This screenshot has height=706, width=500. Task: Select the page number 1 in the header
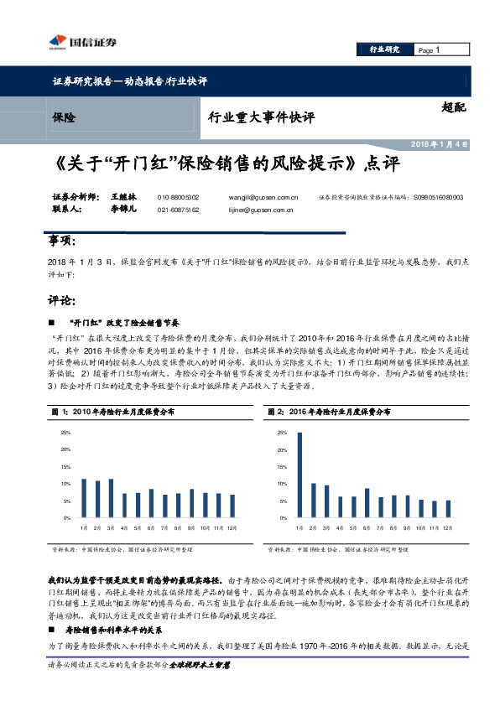[438, 50]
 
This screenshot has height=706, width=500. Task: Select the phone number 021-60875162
[178, 209]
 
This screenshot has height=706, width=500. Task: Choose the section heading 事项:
[61, 241]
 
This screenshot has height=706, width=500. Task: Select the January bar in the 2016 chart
[299, 475]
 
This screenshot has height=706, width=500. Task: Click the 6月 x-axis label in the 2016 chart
[367, 528]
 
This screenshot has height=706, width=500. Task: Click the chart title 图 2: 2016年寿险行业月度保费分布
[328, 413]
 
